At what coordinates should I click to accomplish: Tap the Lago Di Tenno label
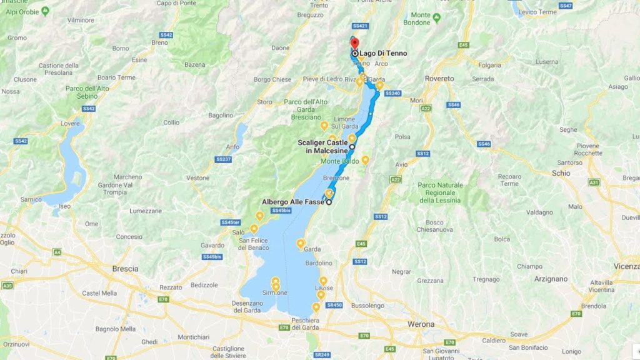[382, 54]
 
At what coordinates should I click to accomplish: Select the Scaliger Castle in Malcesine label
[322, 147]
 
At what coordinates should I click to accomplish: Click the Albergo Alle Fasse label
[292, 202]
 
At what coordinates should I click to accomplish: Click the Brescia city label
[125, 269]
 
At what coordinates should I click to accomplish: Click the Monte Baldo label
[339, 161]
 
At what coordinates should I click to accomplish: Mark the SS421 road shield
[359, 26]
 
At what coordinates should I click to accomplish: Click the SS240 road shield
[392, 94]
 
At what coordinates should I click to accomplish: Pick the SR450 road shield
[335, 305]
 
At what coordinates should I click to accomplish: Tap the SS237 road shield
[223, 160]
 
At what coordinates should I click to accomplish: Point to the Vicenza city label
[627, 266]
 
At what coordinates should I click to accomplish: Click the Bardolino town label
[319, 263]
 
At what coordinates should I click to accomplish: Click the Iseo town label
[65, 206]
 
